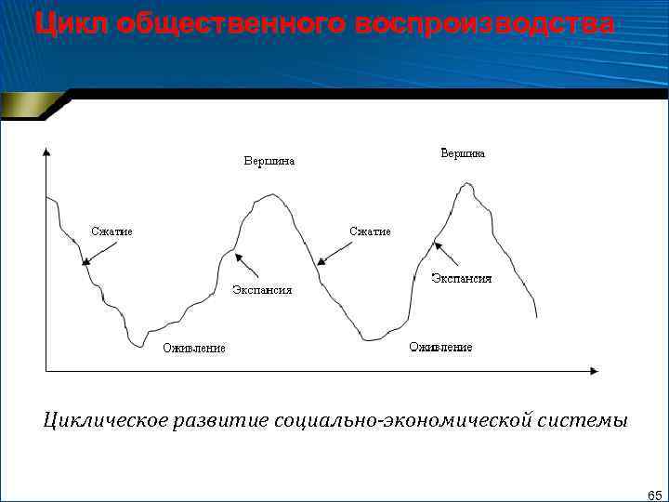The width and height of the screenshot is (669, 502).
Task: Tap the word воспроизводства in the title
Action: pos(484,25)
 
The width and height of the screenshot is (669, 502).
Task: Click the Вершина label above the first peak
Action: pos(269,161)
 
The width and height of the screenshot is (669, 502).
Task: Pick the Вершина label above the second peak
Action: pos(462,153)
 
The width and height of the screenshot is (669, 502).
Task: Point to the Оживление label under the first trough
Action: pos(194,349)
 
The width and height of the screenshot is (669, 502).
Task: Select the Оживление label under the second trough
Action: pos(440,347)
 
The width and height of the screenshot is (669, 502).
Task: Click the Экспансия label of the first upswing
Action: pos(261,290)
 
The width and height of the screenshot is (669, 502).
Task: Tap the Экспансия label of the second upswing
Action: pos(461,278)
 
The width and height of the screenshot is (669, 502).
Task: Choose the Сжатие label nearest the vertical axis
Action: pos(111,231)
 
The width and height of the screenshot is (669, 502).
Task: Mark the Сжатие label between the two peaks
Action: pos(370,231)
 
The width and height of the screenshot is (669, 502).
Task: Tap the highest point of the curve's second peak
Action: pos(466,184)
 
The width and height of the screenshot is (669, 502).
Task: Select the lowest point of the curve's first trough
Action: pos(138,346)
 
